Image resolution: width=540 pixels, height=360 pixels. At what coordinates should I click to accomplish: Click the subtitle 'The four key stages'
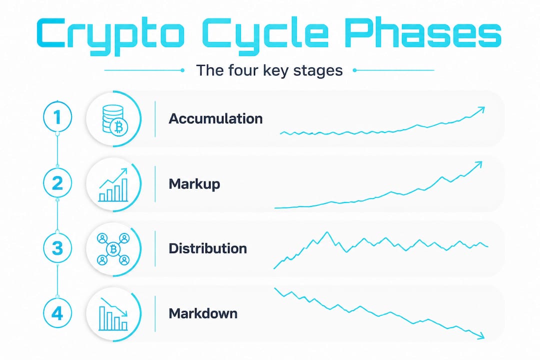pos(269,70)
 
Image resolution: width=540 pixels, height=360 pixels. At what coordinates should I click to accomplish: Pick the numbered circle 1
pos(57,117)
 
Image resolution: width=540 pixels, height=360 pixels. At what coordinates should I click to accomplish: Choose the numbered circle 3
pos(57,248)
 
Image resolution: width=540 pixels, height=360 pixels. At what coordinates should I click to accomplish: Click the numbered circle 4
pos(57,313)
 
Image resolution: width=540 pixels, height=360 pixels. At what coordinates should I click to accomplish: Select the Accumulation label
pos(215,119)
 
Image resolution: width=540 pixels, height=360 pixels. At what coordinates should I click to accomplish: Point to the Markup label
pos(194,184)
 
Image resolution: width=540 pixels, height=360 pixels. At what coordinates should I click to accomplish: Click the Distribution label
pos(207,248)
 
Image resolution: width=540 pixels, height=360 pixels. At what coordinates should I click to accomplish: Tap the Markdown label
pos(203,313)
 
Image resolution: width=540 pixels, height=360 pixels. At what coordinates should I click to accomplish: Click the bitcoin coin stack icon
pos(115,119)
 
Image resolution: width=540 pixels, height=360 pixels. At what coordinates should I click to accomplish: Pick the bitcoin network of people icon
pos(113,249)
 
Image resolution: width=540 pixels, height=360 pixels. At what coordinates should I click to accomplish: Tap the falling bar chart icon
pos(113,314)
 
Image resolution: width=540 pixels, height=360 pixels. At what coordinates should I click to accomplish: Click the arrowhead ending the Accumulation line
pos(481,110)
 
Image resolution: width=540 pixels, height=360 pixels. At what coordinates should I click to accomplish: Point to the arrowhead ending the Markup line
pos(478,165)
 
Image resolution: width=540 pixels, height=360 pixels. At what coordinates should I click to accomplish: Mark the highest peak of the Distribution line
pos(327,232)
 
